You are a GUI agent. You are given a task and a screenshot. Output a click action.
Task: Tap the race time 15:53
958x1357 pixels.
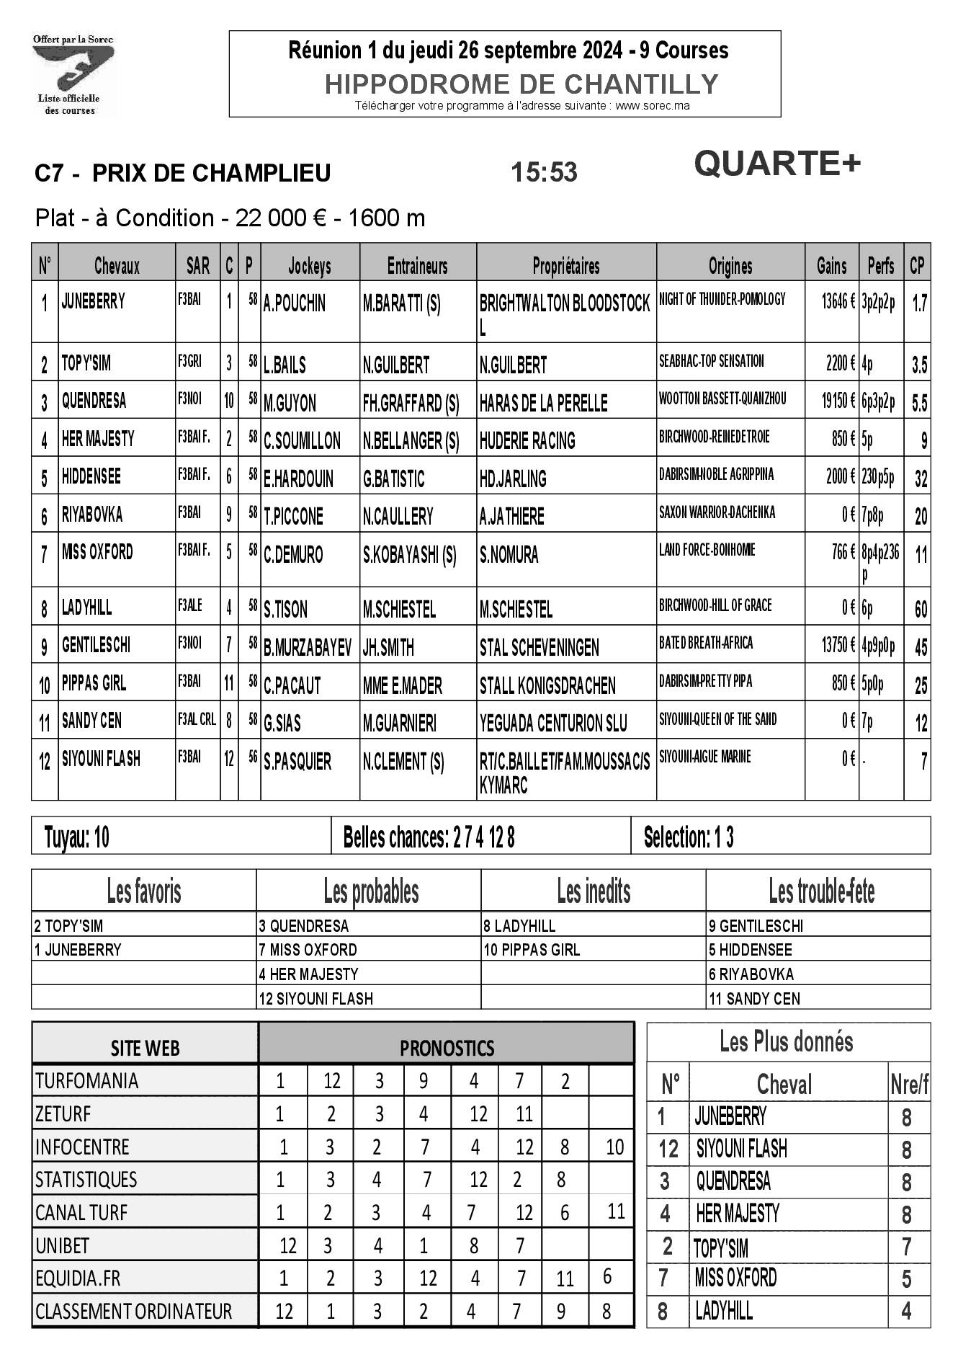544,173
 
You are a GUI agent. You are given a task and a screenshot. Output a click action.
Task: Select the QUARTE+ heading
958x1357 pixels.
777,164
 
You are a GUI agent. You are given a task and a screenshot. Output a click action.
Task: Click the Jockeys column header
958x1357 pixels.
310,266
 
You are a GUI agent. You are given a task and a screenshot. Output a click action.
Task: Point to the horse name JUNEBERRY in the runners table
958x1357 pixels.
94,301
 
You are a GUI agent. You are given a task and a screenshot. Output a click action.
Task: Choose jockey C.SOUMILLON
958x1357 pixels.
302,440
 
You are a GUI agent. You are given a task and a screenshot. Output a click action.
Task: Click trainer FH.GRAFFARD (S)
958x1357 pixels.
411,403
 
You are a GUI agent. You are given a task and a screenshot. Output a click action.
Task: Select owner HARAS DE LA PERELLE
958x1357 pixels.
543,403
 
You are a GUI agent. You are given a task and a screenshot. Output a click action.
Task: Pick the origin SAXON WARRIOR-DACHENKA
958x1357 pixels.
717,512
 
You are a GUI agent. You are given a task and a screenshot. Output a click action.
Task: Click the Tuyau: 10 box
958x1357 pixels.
76,837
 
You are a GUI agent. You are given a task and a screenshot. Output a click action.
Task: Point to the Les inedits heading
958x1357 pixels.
594,891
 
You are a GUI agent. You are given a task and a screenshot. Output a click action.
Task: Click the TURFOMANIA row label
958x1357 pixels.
86,1081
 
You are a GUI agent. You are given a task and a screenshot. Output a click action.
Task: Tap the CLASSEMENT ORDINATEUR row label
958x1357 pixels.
133,1311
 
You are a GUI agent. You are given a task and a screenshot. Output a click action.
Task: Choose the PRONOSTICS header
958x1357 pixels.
447,1048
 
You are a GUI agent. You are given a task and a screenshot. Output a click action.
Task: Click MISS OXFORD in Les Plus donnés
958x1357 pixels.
735,1278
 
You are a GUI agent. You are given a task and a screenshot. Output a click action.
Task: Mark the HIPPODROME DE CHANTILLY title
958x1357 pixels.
521,84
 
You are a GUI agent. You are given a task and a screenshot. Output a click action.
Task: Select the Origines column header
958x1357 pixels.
730,266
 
